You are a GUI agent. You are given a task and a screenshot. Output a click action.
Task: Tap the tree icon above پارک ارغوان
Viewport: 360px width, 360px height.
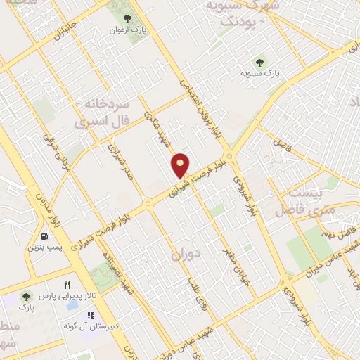pyautogui.click(x=127, y=18)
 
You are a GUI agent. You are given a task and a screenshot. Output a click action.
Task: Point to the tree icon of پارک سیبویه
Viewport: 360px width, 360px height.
pyautogui.click(x=262, y=61)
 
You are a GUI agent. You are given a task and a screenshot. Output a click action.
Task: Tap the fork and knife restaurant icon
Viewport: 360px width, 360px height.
pyautogui.click(x=67, y=285)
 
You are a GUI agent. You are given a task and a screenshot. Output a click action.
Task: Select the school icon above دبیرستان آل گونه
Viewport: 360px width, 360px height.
pyautogui.click(x=91, y=316)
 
